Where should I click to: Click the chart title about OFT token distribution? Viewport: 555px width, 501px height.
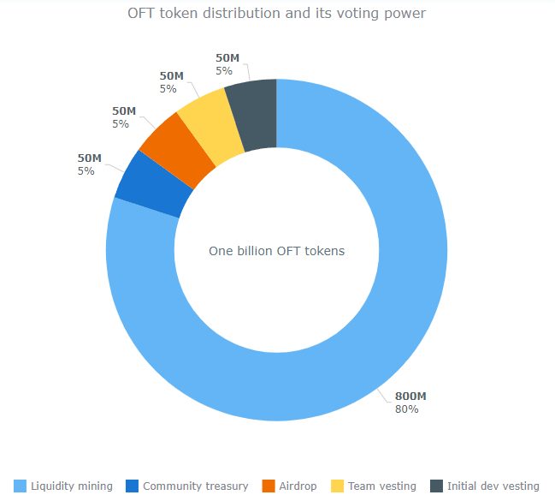point(276,14)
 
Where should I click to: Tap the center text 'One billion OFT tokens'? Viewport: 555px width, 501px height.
point(276,251)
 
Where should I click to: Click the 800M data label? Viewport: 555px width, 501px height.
point(410,397)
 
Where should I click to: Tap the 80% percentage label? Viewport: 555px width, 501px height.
point(406,409)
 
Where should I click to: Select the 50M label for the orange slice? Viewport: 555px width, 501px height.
point(124,111)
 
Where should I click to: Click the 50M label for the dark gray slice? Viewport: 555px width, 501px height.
point(227,58)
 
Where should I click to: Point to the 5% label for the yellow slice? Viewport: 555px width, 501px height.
point(168,88)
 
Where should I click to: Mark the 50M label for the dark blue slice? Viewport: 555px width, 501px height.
point(90,158)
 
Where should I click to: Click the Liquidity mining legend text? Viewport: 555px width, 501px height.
point(72,486)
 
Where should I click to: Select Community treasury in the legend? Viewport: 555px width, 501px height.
point(196,486)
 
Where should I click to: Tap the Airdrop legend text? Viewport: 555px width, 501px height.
point(298,486)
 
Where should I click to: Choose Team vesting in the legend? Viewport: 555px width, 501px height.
point(381,486)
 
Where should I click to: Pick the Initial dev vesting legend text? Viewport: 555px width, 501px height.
point(493,486)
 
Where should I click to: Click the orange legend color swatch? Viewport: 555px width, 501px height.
point(269,486)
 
